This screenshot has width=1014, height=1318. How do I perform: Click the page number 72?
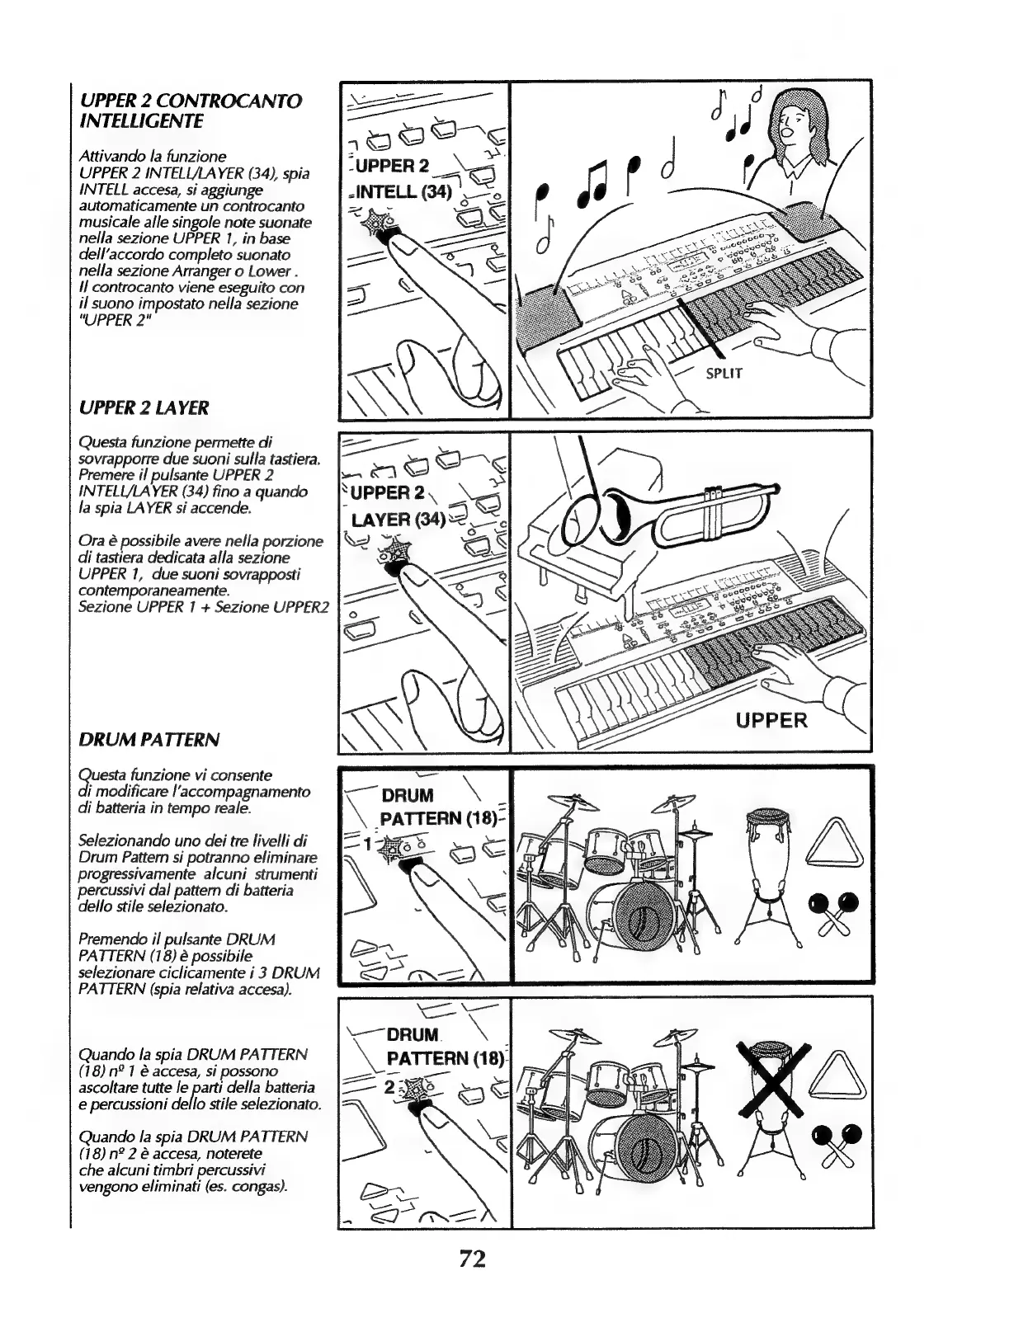point(472,1259)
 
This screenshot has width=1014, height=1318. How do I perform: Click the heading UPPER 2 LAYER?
point(144,407)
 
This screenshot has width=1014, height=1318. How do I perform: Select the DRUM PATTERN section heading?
point(149,739)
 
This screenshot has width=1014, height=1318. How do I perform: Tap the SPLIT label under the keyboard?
point(724,374)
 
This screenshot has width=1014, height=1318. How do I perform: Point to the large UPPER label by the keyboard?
point(771,720)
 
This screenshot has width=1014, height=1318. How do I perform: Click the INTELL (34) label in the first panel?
point(402,194)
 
